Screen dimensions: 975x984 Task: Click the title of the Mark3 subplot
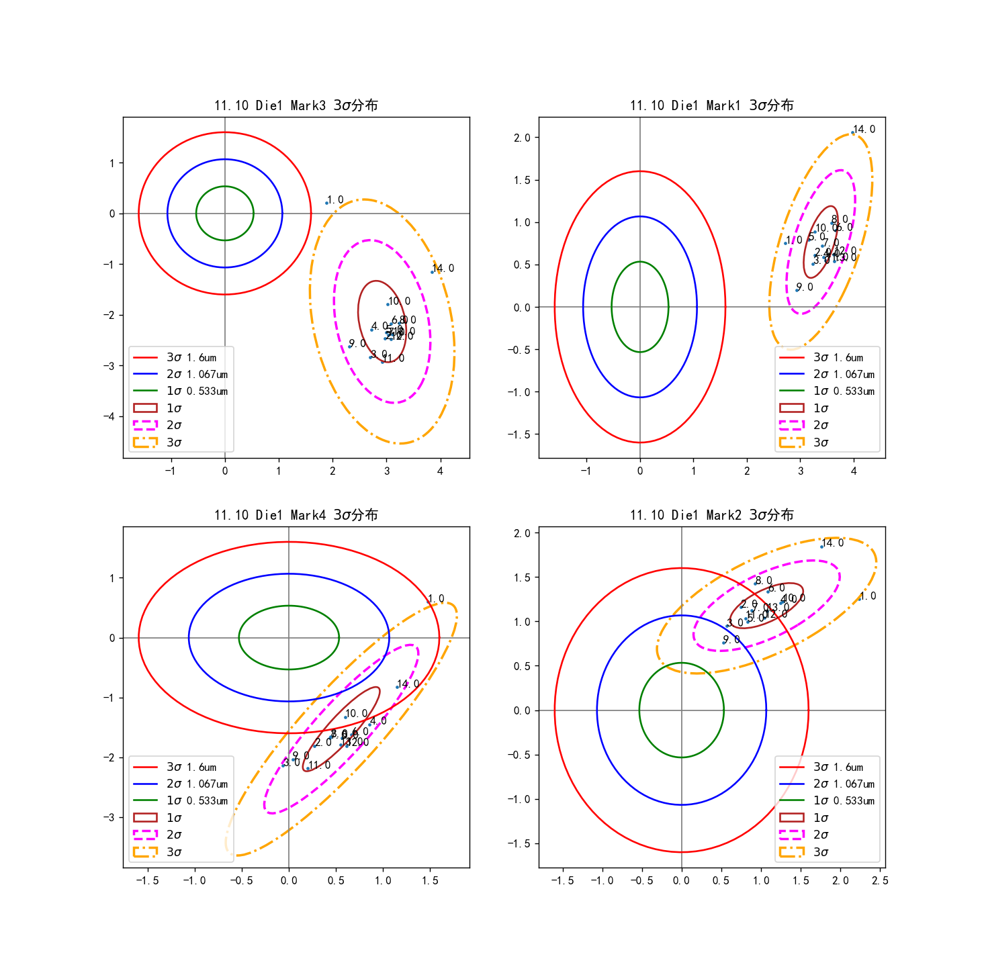[296, 105]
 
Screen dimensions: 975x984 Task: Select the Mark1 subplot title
[711, 105]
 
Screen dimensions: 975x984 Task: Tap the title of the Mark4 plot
[296, 515]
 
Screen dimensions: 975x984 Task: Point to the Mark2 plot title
[711, 515]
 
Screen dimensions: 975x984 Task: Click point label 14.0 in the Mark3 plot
[443, 269]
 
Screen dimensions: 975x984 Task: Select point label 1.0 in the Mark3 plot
[335, 200]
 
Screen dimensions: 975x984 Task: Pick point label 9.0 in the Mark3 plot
[357, 344]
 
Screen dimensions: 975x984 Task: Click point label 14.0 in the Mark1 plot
[864, 130]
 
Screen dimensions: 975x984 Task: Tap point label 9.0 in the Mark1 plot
[805, 287]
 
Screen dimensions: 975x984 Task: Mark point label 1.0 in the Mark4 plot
[436, 599]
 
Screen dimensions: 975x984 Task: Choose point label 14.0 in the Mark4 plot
[408, 684]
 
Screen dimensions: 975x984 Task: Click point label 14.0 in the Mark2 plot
[833, 543]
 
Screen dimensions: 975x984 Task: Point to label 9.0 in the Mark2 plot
[731, 640]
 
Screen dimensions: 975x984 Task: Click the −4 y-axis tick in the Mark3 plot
[109, 416]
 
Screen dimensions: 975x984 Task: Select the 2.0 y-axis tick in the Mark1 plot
[522, 138]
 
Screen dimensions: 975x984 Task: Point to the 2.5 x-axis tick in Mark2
[880, 881]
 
